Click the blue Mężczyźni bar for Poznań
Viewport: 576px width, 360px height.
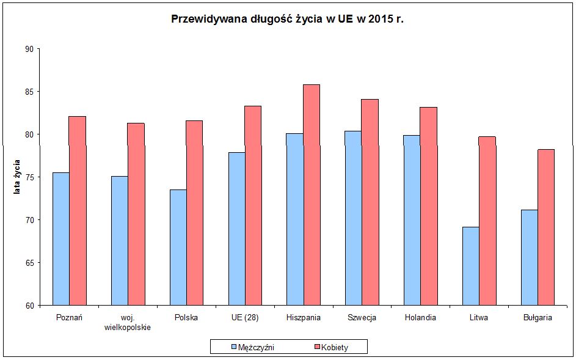[x=60, y=238]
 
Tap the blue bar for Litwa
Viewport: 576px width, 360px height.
[x=470, y=266]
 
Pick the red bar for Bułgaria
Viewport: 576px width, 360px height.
[x=546, y=227]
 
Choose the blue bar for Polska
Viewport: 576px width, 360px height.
[x=178, y=247]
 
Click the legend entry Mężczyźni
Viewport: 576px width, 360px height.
[x=252, y=347]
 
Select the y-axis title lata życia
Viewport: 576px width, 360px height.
[x=17, y=177]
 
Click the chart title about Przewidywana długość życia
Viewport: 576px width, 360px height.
[x=288, y=19]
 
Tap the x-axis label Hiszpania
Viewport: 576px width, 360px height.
[x=303, y=318]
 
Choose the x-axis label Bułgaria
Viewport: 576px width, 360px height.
[x=538, y=318]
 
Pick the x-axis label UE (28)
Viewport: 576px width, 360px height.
[x=244, y=318]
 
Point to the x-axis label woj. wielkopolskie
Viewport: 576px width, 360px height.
[x=128, y=322]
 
